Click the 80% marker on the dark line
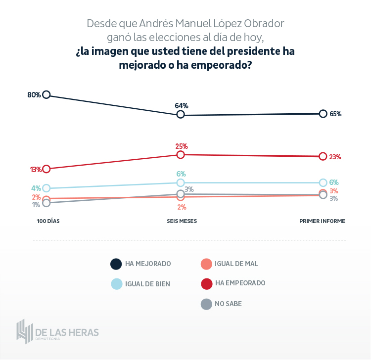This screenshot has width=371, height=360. click(x=46, y=94)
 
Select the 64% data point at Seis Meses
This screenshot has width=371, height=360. click(x=181, y=115)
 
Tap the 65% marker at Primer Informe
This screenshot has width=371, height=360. click(x=323, y=114)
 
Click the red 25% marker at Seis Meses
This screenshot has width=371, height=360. click(x=181, y=155)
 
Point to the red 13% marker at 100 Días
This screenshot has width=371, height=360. click(x=46, y=169)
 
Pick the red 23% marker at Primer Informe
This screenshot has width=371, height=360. click(x=323, y=156)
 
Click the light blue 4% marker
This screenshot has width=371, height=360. click(x=46, y=188)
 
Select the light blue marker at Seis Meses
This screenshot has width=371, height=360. click(x=181, y=183)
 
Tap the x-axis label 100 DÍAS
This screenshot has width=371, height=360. click(x=48, y=221)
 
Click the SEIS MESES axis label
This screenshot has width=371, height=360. click(x=182, y=221)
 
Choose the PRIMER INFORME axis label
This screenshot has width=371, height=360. click(x=322, y=221)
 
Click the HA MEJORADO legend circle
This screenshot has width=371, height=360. click(x=116, y=264)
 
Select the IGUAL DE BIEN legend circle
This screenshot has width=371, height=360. click(x=116, y=284)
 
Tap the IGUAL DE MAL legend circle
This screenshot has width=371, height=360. click(x=206, y=264)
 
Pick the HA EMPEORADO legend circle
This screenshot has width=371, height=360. click(x=206, y=283)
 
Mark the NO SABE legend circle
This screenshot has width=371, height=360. click(x=206, y=304)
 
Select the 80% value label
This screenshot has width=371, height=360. click(x=34, y=94)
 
